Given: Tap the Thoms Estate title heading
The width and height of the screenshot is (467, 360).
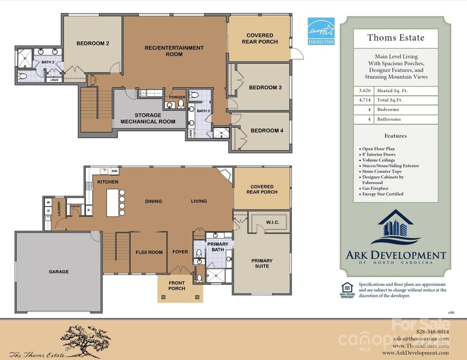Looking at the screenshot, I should [396, 38].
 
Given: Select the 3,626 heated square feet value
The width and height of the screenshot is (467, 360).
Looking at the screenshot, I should [365, 91].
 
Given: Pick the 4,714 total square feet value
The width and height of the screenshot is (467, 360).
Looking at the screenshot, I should [365, 100].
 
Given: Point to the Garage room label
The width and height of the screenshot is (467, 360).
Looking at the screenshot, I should [58, 272].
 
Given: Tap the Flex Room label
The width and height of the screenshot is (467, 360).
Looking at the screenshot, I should [149, 253].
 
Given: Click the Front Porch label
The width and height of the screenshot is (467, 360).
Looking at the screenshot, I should [177, 286].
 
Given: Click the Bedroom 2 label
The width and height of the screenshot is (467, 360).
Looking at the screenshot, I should [93, 43].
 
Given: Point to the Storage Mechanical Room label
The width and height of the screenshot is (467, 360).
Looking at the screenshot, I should [148, 118].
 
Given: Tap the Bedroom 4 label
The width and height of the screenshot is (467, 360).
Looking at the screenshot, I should [266, 131].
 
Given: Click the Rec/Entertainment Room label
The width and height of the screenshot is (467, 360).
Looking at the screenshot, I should [174, 51].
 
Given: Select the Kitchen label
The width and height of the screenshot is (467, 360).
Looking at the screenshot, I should [108, 182].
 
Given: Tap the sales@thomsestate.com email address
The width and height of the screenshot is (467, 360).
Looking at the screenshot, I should [420, 338].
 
